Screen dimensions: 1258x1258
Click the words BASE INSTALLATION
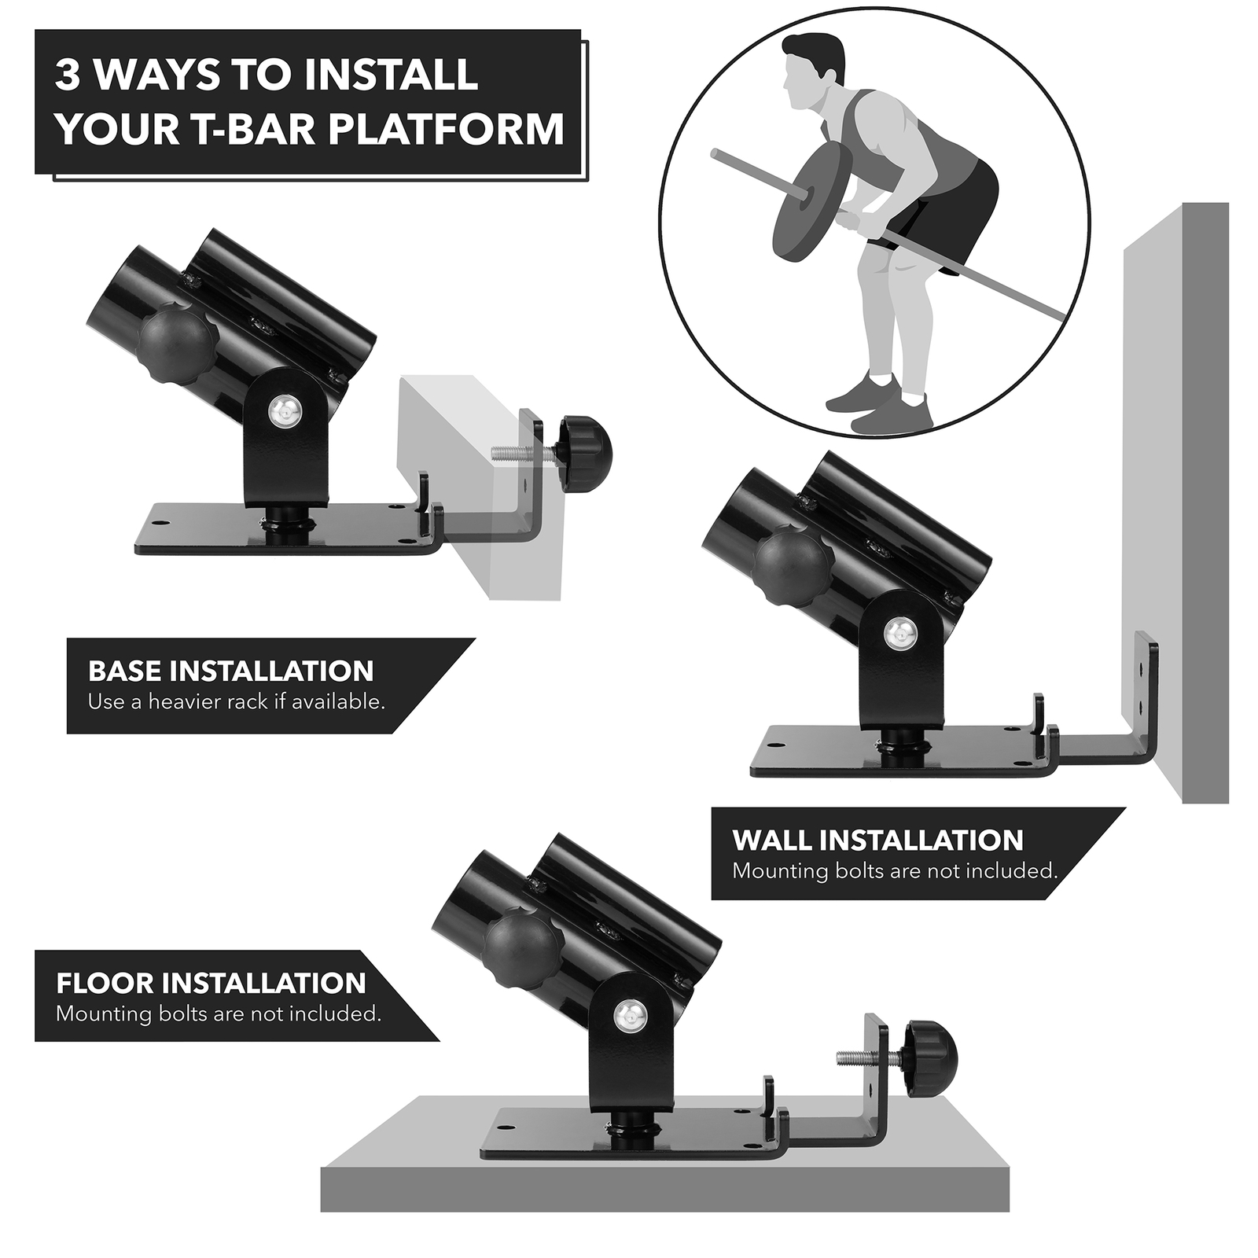230,671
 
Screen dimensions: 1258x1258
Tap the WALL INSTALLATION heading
877,840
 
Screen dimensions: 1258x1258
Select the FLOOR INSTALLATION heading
211,983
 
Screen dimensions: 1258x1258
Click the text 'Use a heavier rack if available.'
236,701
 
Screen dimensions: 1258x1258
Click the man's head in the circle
810,68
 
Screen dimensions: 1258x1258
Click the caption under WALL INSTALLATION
895,870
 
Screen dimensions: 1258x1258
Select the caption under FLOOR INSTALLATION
219,1013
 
